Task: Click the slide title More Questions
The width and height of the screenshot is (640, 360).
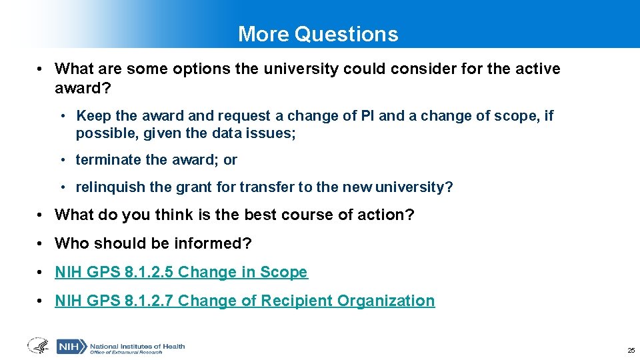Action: (x=318, y=34)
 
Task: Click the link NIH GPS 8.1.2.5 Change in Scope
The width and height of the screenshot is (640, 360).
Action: (x=181, y=272)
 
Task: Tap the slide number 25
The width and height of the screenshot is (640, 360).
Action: (x=631, y=350)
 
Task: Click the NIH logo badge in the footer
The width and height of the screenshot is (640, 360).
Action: (x=71, y=347)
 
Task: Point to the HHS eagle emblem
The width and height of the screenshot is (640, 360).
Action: (x=38, y=346)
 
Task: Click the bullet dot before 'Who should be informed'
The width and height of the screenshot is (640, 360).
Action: (x=41, y=243)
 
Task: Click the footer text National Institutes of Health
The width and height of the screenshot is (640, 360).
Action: (x=137, y=346)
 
